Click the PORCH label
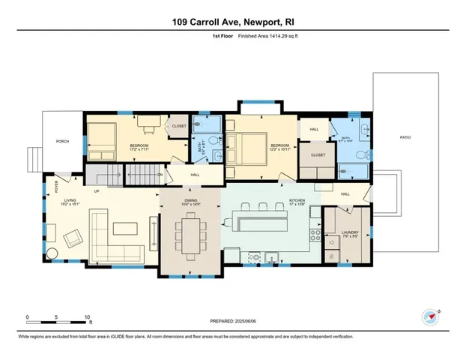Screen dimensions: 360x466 (x=62, y=141)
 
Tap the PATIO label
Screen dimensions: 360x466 (x=405, y=137)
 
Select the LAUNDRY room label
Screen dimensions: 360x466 (x=350, y=233)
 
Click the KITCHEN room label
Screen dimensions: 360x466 (x=299, y=201)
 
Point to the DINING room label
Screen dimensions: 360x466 (x=190, y=201)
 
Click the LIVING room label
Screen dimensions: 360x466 (x=71, y=201)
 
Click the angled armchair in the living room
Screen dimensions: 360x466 (x=72, y=238)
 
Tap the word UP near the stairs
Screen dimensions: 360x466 (x=97, y=191)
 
